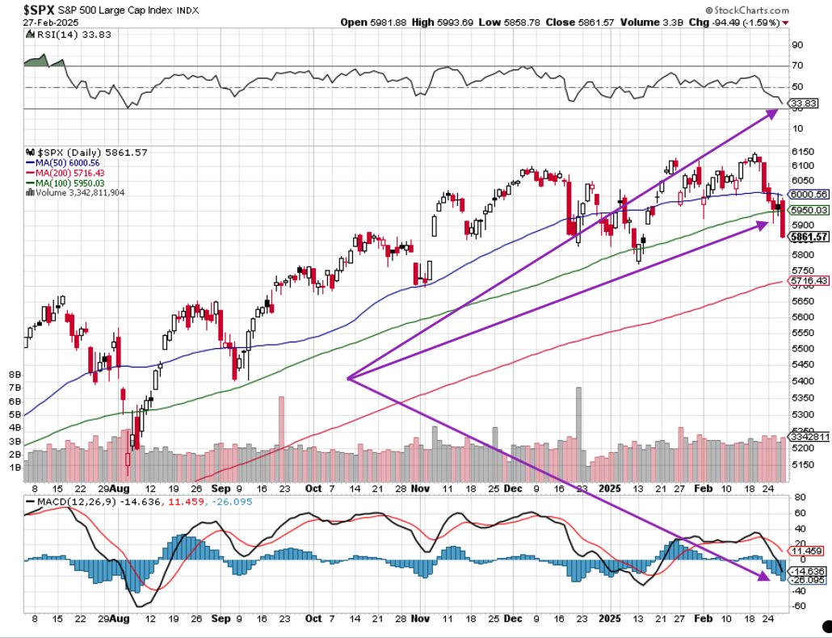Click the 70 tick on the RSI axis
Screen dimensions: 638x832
pos(797,66)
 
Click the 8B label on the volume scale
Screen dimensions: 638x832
pos(14,375)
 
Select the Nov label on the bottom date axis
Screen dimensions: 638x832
pos(420,489)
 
